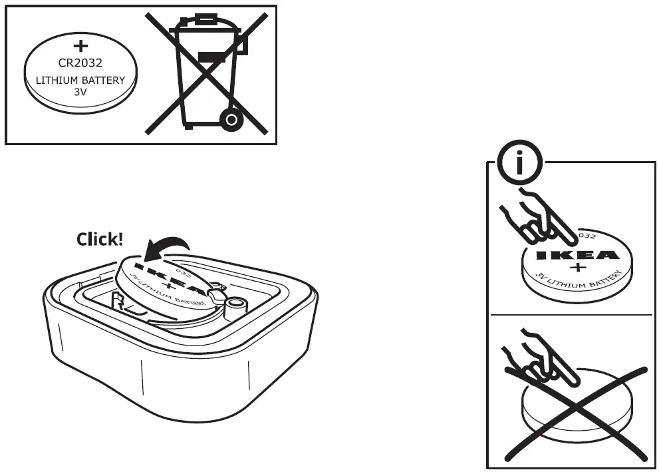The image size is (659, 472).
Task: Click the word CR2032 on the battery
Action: (x=80, y=64)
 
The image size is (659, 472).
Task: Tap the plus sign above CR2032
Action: (x=80, y=46)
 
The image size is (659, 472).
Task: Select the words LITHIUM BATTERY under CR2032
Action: (x=80, y=81)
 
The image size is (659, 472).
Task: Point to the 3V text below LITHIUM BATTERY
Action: (x=80, y=92)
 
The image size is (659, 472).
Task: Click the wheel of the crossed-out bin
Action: (x=230, y=120)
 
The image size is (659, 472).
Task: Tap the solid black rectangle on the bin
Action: (x=211, y=58)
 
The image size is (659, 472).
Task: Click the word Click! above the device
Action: (x=100, y=240)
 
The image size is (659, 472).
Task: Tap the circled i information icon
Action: (x=520, y=162)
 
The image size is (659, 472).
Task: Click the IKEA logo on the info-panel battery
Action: (x=577, y=255)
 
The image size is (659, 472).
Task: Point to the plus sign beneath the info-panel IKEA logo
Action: (x=577, y=268)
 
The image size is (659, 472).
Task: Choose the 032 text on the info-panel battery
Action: (x=585, y=236)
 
